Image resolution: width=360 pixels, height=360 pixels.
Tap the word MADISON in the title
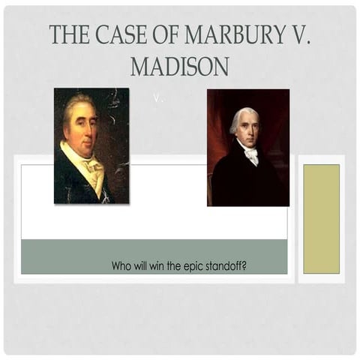(x=179, y=67)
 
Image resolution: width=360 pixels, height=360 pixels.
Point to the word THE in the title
(x=65, y=35)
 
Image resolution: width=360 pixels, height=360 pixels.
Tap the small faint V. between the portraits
(x=157, y=98)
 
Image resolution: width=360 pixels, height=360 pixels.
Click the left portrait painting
(x=91, y=146)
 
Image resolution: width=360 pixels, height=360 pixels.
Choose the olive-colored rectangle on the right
(x=321, y=218)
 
